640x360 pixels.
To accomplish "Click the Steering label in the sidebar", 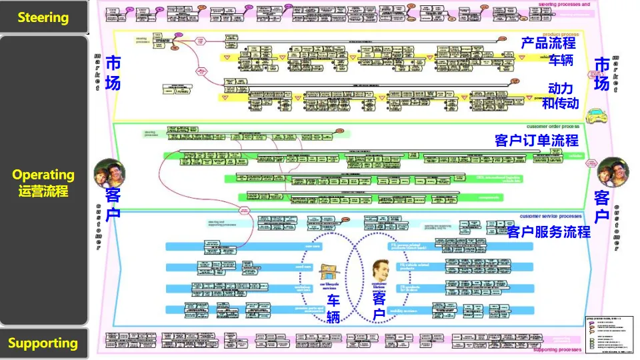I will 43,17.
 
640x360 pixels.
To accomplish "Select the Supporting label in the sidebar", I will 43,343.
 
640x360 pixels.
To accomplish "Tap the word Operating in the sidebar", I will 43,175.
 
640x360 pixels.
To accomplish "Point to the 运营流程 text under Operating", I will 43,191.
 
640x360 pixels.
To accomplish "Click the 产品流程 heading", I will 549,43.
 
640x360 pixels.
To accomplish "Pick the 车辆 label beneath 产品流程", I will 561,60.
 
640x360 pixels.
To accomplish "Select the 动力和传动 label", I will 560,96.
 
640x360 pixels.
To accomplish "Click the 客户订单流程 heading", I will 537,141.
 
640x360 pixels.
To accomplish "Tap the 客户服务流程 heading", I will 549,232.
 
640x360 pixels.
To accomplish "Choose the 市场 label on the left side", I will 114,74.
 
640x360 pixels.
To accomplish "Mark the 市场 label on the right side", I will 602,74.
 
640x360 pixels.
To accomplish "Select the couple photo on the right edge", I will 613,173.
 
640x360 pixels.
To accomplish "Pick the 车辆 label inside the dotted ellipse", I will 333,309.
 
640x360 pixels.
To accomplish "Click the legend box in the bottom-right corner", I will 608,333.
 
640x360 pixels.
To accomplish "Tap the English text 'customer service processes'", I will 551,217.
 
